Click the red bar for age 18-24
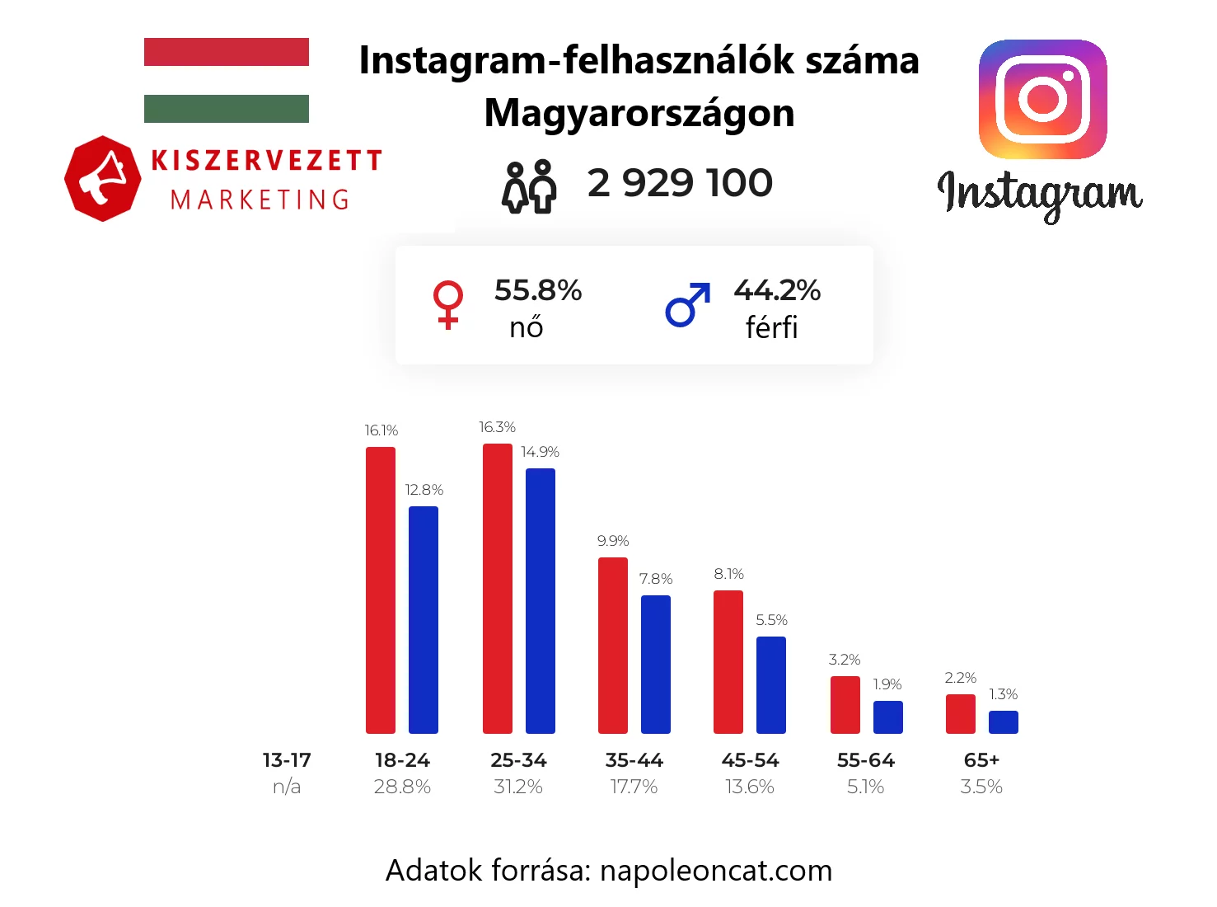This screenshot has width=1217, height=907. click(381, 590)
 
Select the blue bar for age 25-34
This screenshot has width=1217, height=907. click(541, 601)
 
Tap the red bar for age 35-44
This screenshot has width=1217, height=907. click(613, 646)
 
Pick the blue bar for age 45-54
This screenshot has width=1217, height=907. click(771, 685)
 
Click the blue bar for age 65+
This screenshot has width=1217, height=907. click(1004, 722)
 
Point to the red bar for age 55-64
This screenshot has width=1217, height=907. click(845, 705)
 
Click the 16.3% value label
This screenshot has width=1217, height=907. click(498, 427)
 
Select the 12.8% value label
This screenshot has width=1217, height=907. click(424, 490)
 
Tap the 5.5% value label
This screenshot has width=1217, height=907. click(772, 620)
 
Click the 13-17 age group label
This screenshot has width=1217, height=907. click(287, 760)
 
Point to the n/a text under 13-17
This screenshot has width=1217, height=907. click(287, 787)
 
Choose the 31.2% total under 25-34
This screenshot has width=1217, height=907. click(518, 787)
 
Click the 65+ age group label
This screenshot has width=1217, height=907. click(981, 760)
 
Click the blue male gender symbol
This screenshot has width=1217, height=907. click(687, 305)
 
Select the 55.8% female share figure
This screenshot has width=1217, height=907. click(538, 290)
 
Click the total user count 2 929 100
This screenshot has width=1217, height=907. click(680, 183)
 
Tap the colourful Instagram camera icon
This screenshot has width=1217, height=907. click(1042, 99)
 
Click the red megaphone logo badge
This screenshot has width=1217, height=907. click(102, 179)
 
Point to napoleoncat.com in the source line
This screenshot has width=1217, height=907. click(716, 870)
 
